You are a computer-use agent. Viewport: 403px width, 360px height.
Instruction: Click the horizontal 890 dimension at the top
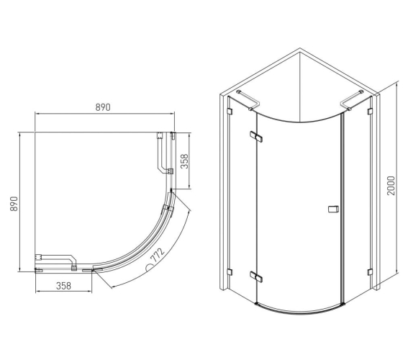103,107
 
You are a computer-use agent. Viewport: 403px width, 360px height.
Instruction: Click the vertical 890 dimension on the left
14,204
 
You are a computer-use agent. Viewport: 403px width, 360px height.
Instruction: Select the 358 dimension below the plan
63,286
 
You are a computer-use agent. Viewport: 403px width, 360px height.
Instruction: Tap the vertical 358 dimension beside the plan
184,161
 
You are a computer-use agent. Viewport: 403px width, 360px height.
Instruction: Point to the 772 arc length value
158,255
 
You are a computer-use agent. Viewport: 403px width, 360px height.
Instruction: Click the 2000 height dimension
391,186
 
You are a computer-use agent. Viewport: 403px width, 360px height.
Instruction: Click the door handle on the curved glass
333,209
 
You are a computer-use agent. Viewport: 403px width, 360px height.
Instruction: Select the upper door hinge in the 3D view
256,137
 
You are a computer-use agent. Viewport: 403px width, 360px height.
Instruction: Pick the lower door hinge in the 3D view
256,276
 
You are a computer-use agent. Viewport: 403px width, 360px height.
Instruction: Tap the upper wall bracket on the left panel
230,111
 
